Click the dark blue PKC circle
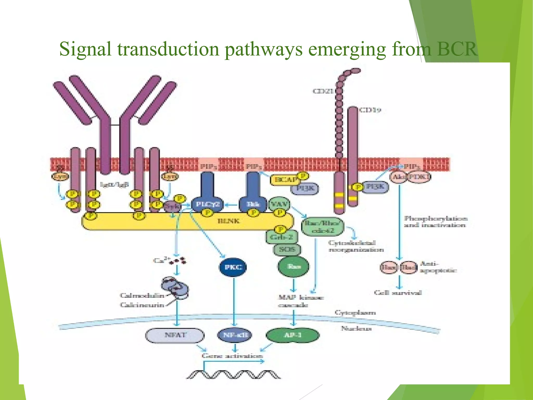click(x=233, y=267)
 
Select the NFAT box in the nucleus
click(x=175, y=335)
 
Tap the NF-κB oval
click(x=235, y=335)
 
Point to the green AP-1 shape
click(x=293, y=335)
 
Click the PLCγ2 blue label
click(x=207, y=204)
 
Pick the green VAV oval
click(x=279, y=204)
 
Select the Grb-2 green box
click(x=282, y=237)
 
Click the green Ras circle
click(x=294, y=266)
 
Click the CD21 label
click(x=323, y=91)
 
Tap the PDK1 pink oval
click(x=419, y=177)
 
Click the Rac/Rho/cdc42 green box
click(x=322, y=227)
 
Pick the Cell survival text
click(x=398, y=293)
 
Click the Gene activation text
click(x=232, y=356)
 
